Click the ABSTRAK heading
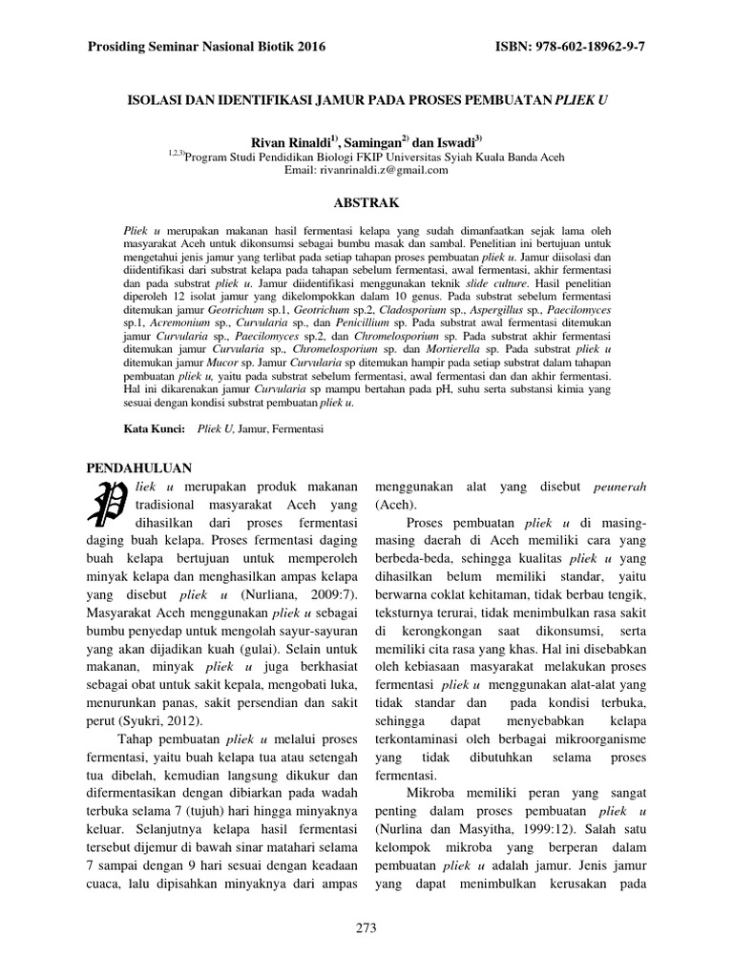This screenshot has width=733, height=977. click(366, 203)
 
